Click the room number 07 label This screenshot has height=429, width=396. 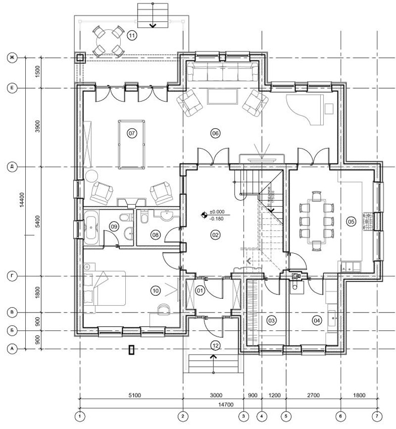pyautogui.click(x=132, y=133)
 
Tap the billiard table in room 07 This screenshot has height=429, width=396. pyautogui.click(x=132, y=144)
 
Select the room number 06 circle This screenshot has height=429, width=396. pyautogui.click(x=215, y=133)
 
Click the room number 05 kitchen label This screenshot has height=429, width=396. pyautogui.click(x=351, y=221)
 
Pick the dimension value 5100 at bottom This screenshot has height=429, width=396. pyautogui.click(x=135, y=395)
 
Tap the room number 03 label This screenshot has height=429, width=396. pyautogui.click(x=271, y=321)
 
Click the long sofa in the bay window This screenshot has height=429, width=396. pyautogui.click(x=222, y=72)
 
